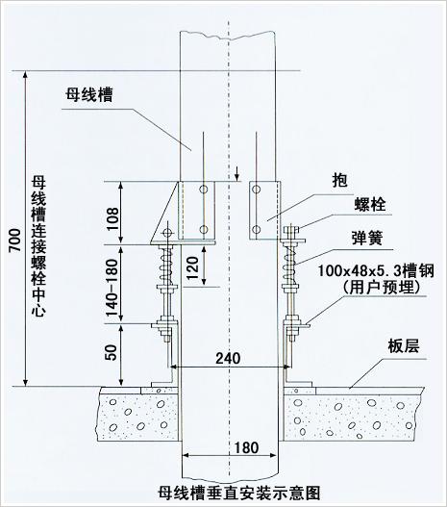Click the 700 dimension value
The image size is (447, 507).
14,241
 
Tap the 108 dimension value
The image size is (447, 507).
112,219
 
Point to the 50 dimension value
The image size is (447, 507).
112,352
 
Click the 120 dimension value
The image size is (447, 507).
193,267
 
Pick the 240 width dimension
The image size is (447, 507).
228,358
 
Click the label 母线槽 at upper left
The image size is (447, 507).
89,95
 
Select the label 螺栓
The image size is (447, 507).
370,204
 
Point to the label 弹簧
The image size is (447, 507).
367,239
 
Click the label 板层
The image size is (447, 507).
404,346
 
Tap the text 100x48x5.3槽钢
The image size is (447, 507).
376,270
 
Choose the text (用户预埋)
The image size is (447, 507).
381,287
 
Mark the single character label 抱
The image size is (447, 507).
339,180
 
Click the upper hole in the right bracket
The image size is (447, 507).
257,190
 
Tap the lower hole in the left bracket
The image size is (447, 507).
204,230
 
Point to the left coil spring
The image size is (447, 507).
166,265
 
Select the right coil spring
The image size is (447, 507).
289,265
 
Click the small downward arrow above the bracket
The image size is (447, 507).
237,173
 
